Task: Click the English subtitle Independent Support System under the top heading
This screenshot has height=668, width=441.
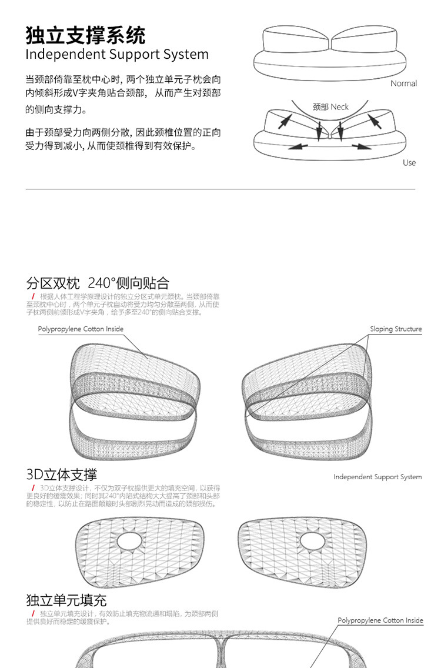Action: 116,55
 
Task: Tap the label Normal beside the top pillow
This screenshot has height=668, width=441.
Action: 403,83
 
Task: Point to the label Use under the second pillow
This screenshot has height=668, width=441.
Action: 409,162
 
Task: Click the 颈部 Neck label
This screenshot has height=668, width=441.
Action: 330,106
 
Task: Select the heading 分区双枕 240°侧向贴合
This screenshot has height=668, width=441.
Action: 98,283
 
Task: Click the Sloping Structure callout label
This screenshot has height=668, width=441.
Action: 396,329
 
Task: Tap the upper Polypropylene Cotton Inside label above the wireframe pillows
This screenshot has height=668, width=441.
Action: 81,329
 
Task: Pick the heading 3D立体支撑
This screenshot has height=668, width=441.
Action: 62,475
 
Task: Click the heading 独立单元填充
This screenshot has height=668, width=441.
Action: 66,600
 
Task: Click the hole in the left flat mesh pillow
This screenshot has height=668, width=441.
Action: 129,540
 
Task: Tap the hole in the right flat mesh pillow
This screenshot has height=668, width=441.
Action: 312,540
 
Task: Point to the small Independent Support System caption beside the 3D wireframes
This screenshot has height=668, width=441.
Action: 377,477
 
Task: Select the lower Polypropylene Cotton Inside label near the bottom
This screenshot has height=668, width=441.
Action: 380,620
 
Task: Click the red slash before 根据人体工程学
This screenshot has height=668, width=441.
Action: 34,296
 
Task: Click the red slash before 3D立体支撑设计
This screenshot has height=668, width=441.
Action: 34,488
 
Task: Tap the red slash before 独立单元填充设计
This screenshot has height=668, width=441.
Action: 34,614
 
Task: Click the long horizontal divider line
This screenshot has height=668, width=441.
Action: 220,189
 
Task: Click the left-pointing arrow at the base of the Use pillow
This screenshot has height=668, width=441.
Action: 298,146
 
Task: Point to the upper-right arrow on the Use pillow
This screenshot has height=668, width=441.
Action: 375,122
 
